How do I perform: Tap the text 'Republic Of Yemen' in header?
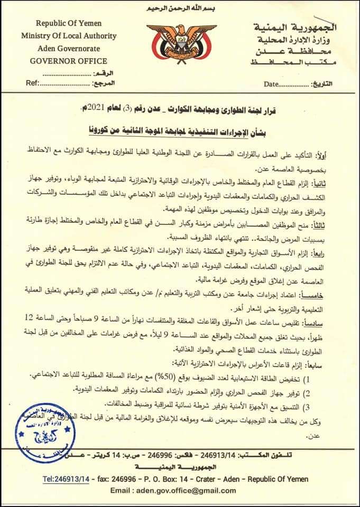coord(69,23)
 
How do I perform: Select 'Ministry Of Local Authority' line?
coord(69,35)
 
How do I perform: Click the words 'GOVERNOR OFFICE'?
coord(69,61)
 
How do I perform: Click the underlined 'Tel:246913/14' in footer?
coord(67,479)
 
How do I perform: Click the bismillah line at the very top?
coord(180,9)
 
